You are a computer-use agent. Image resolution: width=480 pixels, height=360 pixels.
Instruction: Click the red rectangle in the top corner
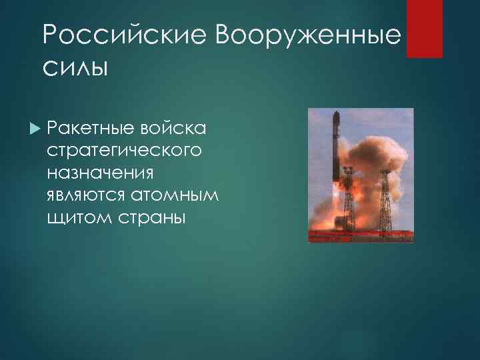coord(425,29)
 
